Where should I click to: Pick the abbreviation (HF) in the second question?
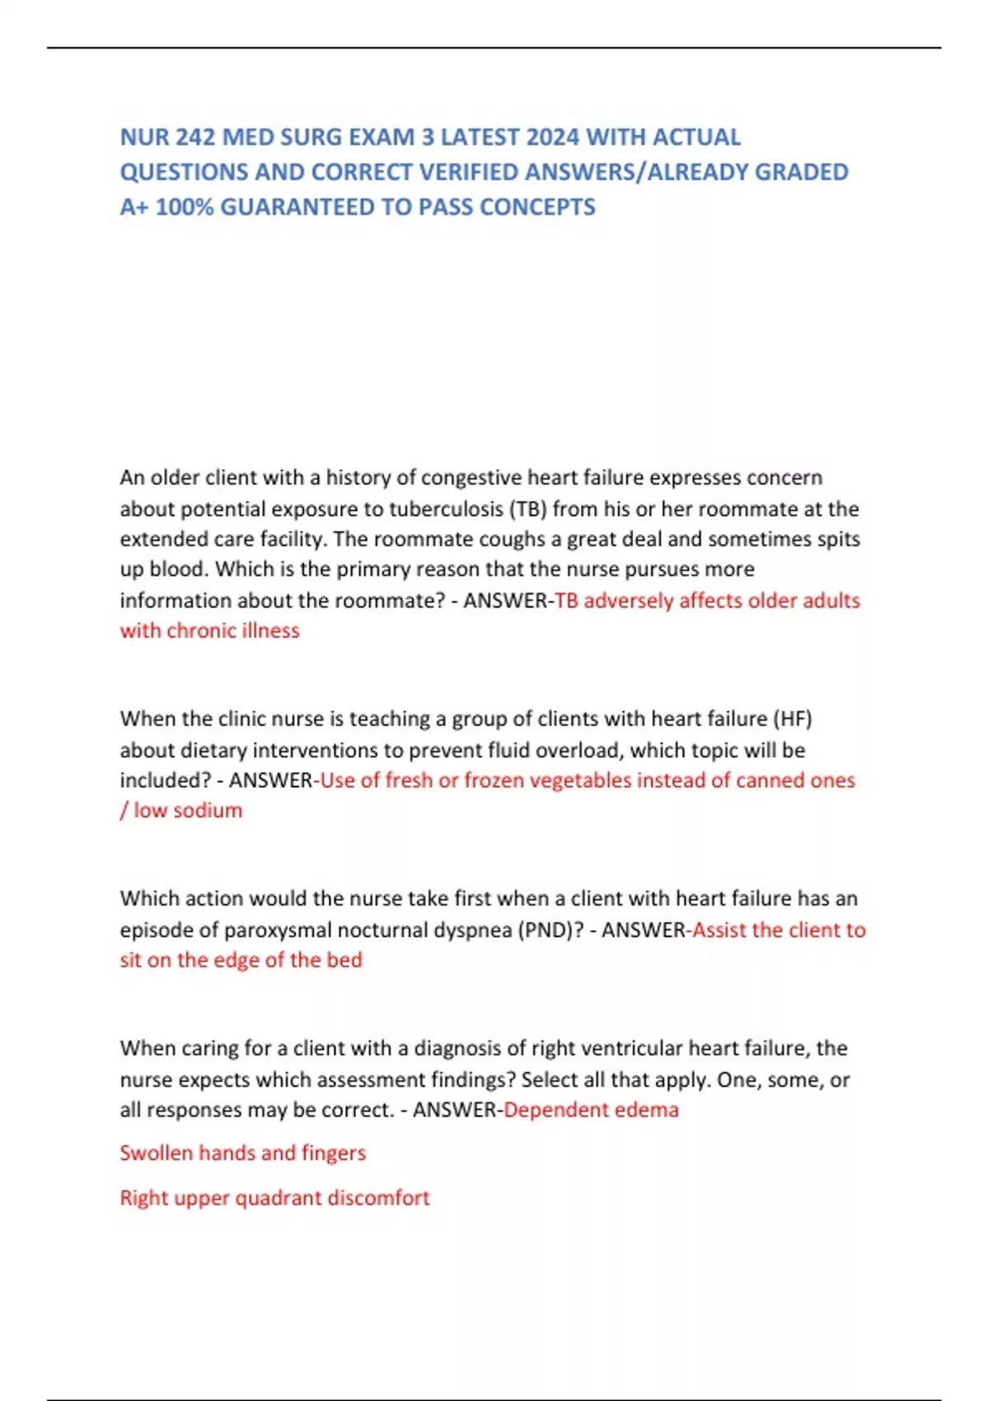pyautogui.click(x=792, y=719)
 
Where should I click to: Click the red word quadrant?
pyautogui.click(x=279, y=1198)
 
